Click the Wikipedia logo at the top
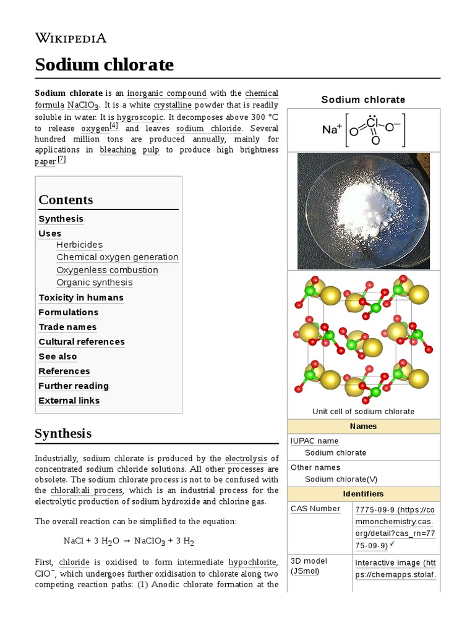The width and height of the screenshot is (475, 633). click(x=71, y=38)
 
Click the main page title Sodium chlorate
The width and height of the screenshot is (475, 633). click(x=104, y=64)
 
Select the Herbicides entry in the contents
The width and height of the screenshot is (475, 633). click(x=79, y=245)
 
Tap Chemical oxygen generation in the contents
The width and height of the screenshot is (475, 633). click(x=117, y=257)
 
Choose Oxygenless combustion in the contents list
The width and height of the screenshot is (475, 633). click(x=107, y=270)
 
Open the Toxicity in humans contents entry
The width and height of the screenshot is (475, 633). click(x=81, y=297)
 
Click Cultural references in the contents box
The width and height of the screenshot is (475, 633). click(x=82, y=342)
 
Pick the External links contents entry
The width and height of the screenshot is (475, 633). click(x=69, y=401)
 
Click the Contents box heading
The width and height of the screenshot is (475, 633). click(x=66, y=200)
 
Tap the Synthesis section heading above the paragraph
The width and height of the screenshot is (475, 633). click(x=63, y=433)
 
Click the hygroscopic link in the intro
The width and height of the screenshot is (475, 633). click(x=140, y=117)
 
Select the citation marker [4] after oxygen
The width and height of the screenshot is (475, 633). click(x=113, y=125)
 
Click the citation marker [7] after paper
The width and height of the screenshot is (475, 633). click(x=61, y=159)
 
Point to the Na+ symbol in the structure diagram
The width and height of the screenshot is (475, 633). click(x=332, y=129)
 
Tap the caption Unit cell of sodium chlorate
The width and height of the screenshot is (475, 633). click(x=363, y=412)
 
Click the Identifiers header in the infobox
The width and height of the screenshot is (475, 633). click(x=363, y=494)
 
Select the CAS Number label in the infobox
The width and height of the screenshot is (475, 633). click(x=315, y=509)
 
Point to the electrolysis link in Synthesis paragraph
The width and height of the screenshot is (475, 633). click(x=246, y=459)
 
